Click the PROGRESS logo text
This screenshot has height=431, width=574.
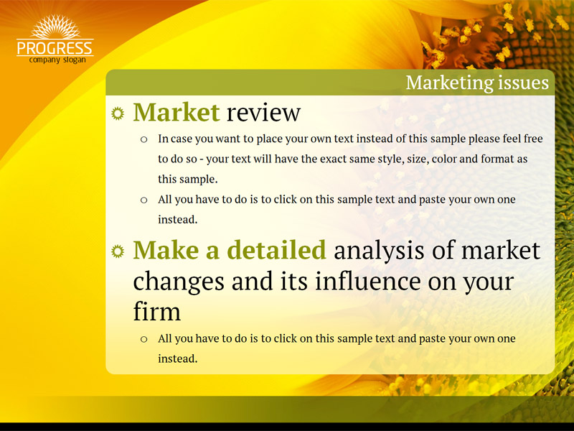pos(55,48)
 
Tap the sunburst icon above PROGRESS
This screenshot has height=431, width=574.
pos(55,27)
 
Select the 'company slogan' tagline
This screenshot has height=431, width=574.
pos(57,60)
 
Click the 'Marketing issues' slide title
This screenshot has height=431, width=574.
pos(477,83)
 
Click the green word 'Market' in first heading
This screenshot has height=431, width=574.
pos(177,112)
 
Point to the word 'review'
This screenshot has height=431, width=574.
pos(263,113)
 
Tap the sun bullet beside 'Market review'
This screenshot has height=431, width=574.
pos(118,113)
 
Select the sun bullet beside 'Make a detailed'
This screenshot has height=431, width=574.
pos(118,251)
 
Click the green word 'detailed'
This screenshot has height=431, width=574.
pos(276,250)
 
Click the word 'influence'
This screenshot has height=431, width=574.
pos(367,281)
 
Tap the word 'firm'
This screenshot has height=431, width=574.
pos(156,312)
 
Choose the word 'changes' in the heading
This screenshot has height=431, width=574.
pos(179,282)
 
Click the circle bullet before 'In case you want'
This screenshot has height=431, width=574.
pos(144,139)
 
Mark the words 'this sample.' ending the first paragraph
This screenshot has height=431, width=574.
pos(188,179)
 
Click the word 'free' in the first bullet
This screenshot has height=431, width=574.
pos(533,139)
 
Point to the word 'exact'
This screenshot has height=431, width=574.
pos(331,159)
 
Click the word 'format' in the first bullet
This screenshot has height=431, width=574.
pos(497,159)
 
